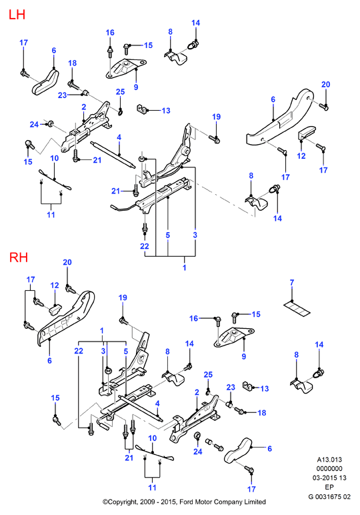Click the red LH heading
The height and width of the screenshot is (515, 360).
[x=17, y=15]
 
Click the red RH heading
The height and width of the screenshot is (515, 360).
[x=19, y=257]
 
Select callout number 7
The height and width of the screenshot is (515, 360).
[x=292, y=282]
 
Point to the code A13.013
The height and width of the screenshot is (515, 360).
[x=329, y=460]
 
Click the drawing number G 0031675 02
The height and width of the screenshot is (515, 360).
[x=329, y=496]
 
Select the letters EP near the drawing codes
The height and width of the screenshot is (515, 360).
[x=329, y=487]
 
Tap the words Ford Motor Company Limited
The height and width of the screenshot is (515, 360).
[x=223, y=502]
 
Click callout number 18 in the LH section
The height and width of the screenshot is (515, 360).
[x=72, y=63]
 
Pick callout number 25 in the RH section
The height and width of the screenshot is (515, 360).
[x=208, y=375]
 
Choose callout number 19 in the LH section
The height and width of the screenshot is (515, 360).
[x=216, y=117]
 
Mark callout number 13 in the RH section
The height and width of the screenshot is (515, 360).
[x=265, y=388]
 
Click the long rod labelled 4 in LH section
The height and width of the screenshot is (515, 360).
[x=112, y=154]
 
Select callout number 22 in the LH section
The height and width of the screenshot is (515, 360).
[x=145, y=246]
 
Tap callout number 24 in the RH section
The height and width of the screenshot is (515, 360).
[x=197, y=452]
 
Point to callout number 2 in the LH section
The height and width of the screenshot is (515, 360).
[x=84, y=107]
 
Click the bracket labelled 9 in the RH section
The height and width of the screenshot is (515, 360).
[x=235, y=338]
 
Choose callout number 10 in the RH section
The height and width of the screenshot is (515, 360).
[x=152, y=438]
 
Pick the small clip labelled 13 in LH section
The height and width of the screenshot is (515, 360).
[x=141, y=109]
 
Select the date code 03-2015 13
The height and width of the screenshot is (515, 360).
[x=329, y=478]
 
